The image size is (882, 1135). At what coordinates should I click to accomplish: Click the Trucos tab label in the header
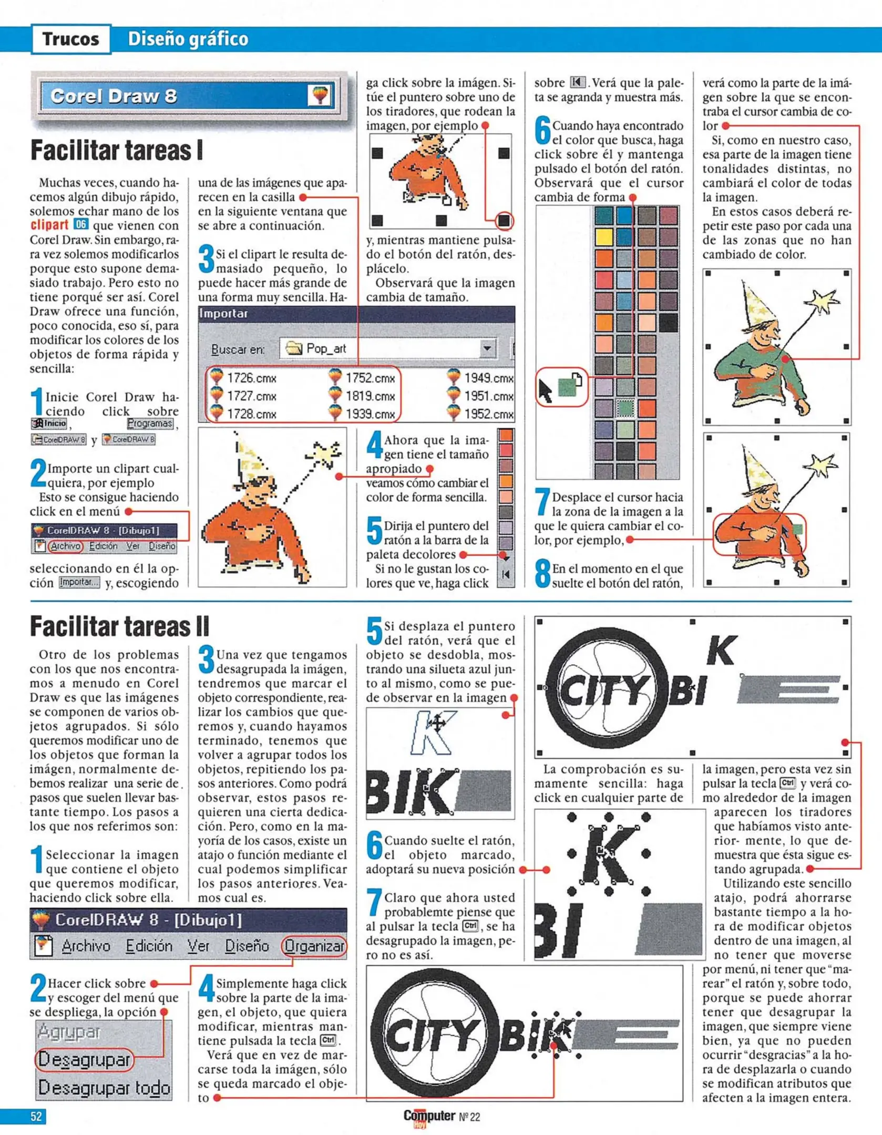click(71, 39)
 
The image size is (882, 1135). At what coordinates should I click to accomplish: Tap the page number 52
click(36, 1116)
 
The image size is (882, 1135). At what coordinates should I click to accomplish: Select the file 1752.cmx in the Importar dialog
click(370, 378)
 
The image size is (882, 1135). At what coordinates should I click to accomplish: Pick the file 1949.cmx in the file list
click(488, 378)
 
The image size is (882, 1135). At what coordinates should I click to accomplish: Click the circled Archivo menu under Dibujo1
click(65, 546)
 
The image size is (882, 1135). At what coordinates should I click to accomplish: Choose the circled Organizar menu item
click(314, 946)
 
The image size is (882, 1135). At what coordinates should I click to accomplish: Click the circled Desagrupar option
click(84, 1060)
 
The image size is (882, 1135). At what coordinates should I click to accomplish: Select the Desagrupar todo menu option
click(104, 1088)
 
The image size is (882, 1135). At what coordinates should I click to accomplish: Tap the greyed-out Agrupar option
click(68, 1032)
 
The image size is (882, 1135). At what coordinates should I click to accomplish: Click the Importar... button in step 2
click(79, 582)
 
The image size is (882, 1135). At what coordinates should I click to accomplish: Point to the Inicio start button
click(49, 424)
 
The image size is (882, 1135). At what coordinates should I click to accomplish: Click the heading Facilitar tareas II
click(119, 626)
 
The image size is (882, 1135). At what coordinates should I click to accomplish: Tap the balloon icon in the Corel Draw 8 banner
click(320, 95)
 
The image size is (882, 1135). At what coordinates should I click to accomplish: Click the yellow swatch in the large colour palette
click(604, 237)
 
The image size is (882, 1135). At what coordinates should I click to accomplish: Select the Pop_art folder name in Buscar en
click(326, 348)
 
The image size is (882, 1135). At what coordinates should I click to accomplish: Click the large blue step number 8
click(542, 575)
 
